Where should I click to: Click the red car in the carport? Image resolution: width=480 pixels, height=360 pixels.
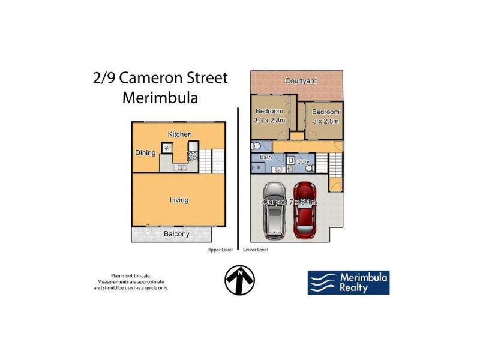(x=304, y=210)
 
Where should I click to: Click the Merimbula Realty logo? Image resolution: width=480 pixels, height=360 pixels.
(x=349, y=283)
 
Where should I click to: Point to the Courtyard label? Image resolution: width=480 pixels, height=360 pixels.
(x=301, y=81)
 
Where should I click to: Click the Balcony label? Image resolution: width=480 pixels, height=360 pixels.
(x=176, y=234)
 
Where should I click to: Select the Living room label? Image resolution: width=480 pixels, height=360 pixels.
(x=179, y=200)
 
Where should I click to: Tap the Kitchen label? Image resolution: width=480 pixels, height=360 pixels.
(x=179, y=134)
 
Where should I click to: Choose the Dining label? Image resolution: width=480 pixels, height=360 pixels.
(x=145, y=153)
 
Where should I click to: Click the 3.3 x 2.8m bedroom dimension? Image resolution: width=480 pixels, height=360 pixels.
(x=269, y=121)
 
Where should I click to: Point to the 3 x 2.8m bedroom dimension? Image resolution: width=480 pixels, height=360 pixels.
(x=326, y=121)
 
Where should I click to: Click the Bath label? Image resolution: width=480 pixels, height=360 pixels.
(x=266, y=157)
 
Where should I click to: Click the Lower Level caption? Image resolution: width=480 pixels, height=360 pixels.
(x=256, y=250)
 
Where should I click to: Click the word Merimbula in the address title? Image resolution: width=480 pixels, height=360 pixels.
(x=160, y=98)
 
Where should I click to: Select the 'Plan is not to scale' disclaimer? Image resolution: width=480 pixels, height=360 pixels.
(x=131, y=275)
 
